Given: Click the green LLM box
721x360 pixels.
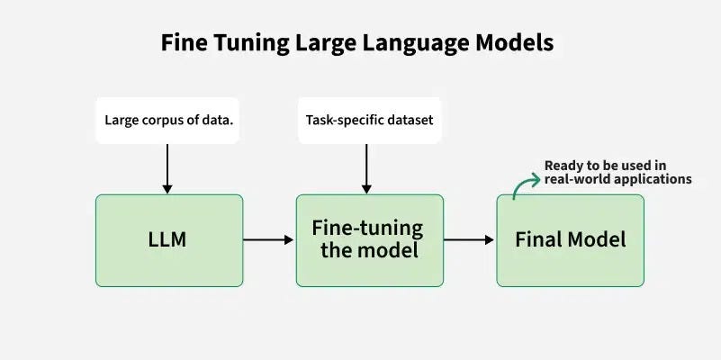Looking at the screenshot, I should [x=169, y=240].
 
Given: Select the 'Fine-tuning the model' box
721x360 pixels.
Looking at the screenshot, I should [x=369, y=240].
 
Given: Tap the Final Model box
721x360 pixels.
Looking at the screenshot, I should [x=570, y=240].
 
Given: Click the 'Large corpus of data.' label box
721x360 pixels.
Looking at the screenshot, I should [x=167, y=120].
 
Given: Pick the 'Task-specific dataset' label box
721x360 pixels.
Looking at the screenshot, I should [x=369, y=120].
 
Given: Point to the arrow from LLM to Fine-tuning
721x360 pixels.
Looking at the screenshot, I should [x=269, y=240].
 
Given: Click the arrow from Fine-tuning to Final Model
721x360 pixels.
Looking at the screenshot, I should [x=469, y=240].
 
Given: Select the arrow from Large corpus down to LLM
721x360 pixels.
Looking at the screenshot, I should [x=167, y=168].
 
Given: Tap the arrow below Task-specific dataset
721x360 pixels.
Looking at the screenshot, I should [x=366, y=168].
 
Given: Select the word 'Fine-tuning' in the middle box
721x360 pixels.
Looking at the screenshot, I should [x=367, y=229].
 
